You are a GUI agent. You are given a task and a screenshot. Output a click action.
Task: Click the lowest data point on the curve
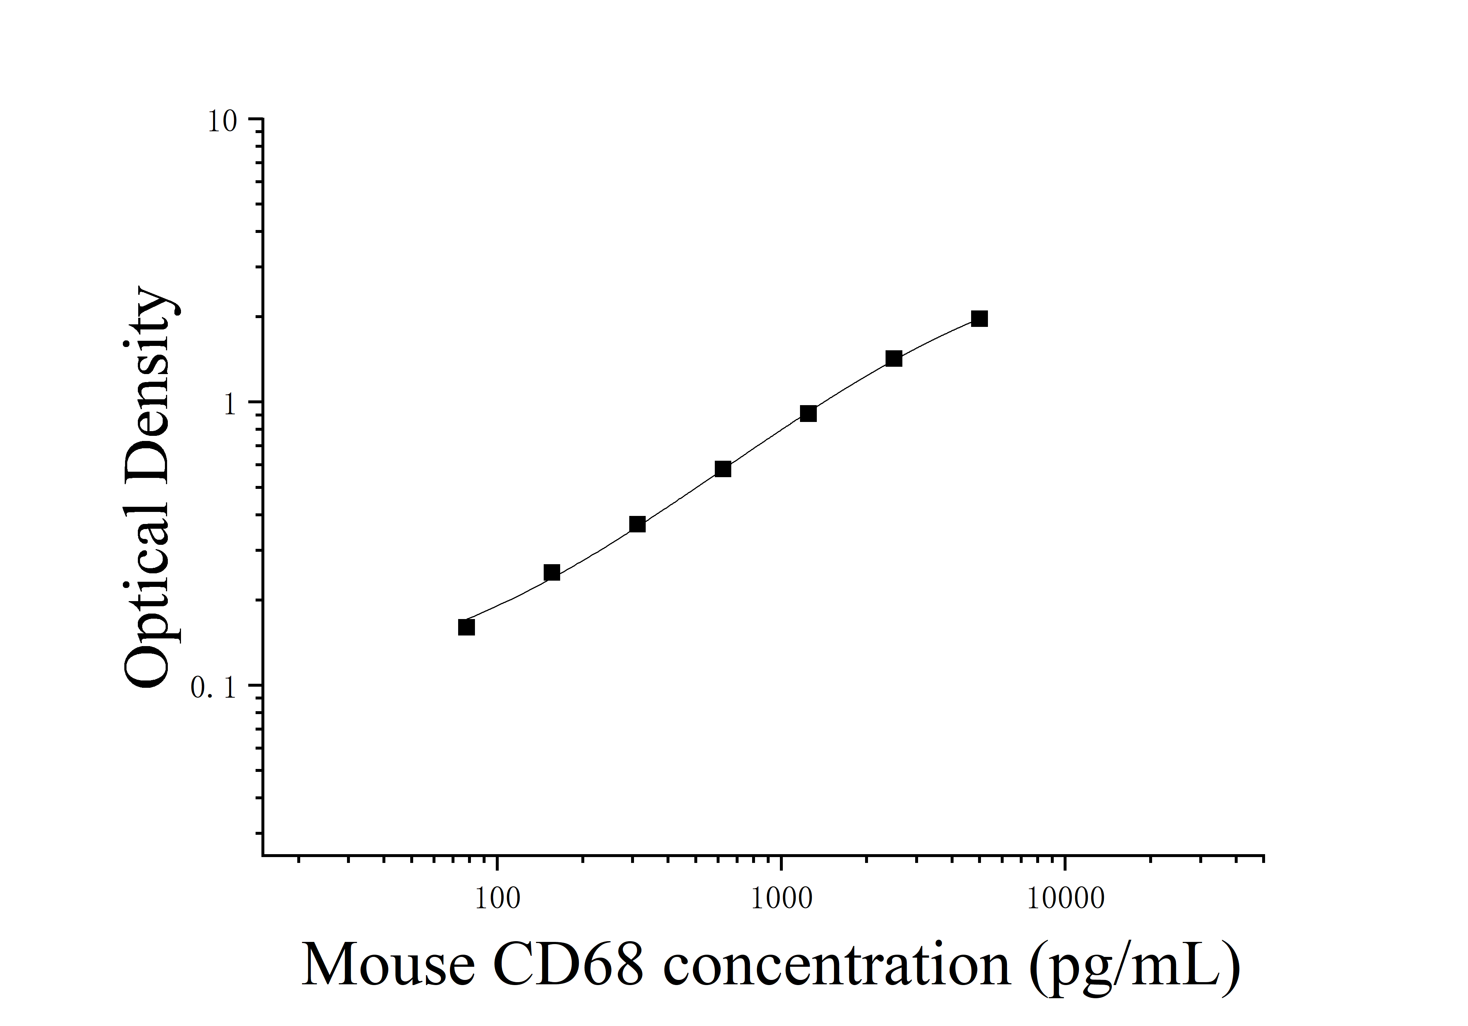[467, 627]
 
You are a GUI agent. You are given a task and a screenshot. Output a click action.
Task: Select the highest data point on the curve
[979, 318]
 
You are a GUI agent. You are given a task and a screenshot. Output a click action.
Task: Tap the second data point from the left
[552, 572]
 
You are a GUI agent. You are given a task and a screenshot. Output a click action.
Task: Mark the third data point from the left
[637, 524]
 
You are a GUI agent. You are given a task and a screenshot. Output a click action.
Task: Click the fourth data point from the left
[723, 469]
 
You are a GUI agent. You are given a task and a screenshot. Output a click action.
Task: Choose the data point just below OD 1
[808, 414]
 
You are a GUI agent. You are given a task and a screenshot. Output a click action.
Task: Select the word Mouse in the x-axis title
[388, 965]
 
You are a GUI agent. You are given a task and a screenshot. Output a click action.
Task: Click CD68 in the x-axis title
[568, 965]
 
